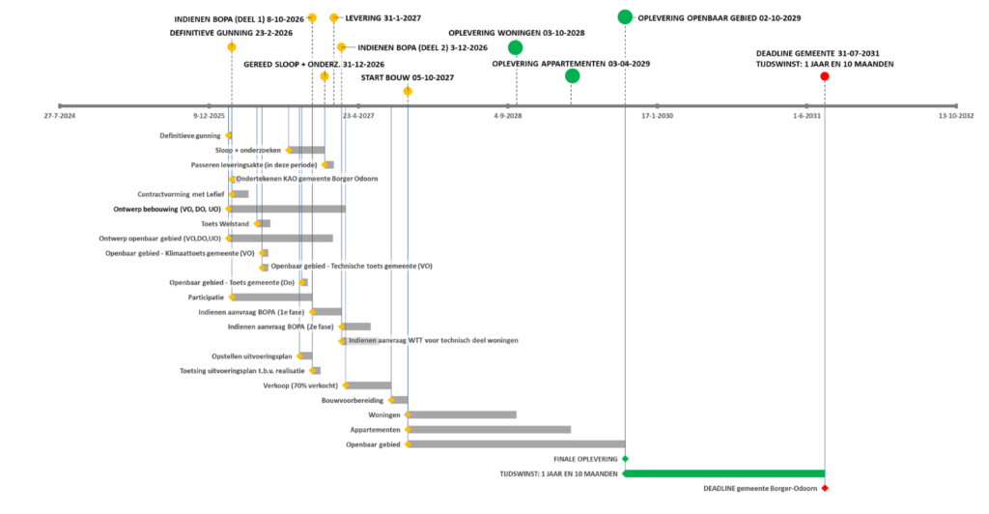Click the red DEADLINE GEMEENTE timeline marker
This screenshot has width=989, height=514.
tap(825, 76)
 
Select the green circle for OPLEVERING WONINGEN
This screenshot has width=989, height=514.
tap(516, 47)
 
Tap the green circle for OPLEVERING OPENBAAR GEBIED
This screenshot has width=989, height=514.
tap(625, 17)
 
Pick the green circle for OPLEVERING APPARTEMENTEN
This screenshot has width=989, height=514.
tap(572, 76)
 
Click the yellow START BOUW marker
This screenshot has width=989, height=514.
tap(408, 92)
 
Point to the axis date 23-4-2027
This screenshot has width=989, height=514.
tap(358, 116)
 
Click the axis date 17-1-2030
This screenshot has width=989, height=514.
tap(657, 116)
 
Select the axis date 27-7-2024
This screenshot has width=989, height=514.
tap(59, 116)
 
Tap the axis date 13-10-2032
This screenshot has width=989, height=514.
tap(956, 116)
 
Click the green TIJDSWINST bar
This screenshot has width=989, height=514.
tap(724, 473)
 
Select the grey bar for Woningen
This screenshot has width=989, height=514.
tap(463, 415)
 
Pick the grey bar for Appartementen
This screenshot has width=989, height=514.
tap(490, 430)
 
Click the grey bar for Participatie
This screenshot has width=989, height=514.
tap(271, 297)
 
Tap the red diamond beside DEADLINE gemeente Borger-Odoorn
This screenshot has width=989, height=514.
tap(825, 488)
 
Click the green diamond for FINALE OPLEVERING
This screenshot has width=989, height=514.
tap(625, 459)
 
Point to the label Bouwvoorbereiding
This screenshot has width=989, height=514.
tap(353, 401)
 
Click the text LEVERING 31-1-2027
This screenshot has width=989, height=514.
tap(382, 18)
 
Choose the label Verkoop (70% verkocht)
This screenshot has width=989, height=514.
tap(300, 385)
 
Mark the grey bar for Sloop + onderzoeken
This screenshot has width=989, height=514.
tap(307, 150)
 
